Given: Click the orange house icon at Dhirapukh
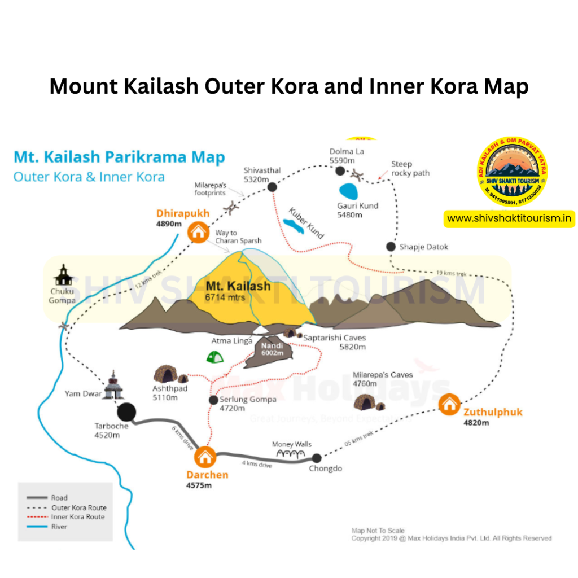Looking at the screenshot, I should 198,231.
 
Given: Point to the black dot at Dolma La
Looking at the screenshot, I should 340,171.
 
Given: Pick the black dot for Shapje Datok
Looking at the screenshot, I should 391,247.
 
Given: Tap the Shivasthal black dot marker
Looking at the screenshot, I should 272,187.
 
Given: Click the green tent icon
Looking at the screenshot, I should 214,356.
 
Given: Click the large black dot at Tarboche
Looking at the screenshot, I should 126,413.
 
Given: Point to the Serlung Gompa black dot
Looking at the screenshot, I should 213,400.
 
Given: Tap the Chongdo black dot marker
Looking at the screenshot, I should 317,458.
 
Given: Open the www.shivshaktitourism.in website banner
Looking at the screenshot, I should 509,218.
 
